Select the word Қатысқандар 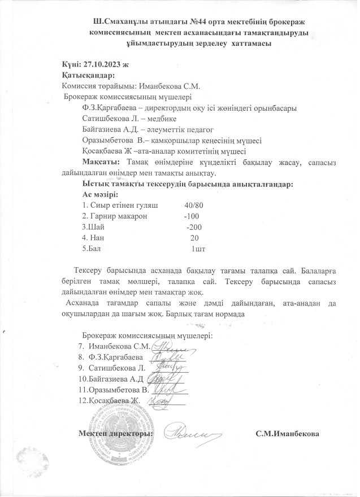pos(89,75)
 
